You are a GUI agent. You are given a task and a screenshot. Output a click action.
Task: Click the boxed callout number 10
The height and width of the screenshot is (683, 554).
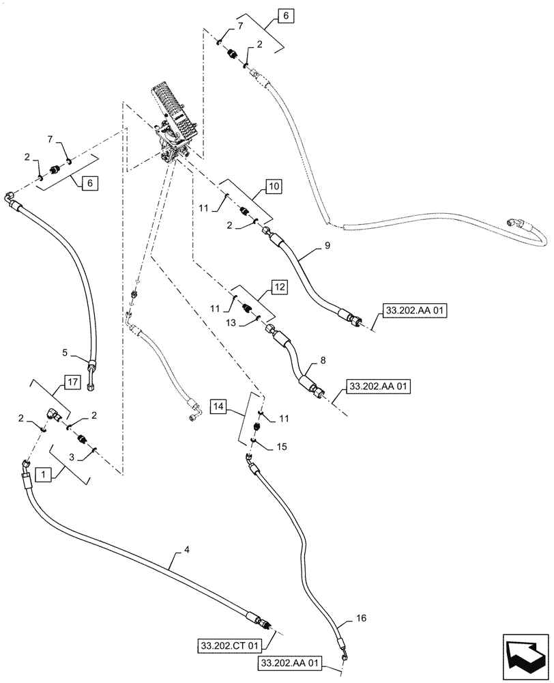click(273, 186)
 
